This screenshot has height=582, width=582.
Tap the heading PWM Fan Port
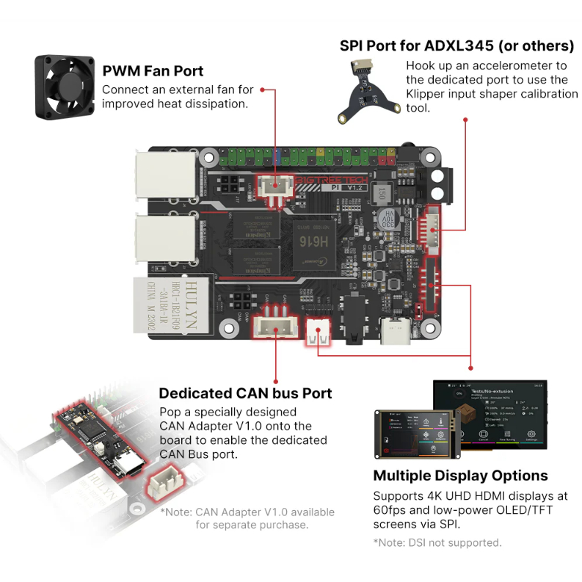point(153,71)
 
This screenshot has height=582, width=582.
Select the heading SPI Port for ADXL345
point(456,46)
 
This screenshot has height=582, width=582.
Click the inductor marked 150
point(381,193)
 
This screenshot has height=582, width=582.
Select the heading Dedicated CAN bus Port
point(245,393)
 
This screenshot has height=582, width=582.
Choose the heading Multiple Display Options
point(460,475)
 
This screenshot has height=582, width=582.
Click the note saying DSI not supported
point(437,542)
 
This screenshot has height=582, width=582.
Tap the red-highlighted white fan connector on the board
point(274,187)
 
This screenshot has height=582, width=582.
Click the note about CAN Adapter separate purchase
point(247,518)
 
